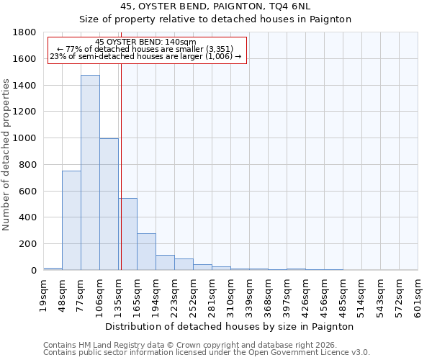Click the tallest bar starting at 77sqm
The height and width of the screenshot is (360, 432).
click(90, 173)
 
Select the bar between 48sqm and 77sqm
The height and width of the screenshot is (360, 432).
click(71, 220)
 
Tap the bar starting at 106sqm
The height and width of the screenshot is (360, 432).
click(109, 204)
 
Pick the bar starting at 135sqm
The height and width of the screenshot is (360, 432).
click(128, 234)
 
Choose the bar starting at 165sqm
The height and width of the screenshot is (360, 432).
click(146, 252)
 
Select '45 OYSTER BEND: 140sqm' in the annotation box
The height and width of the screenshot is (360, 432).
click(145, 42)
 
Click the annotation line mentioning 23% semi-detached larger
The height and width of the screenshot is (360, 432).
click(145, 56)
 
